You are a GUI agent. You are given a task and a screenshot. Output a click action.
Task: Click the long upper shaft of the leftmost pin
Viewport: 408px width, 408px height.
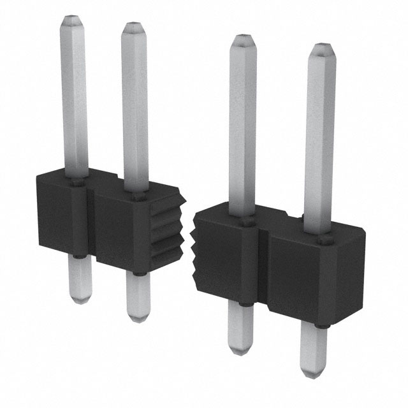tap(75, 96)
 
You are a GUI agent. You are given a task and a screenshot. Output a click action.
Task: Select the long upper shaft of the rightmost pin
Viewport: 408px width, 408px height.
tap(320, 140)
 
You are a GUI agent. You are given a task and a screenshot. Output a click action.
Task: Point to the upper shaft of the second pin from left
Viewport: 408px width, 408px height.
tap(135, 108)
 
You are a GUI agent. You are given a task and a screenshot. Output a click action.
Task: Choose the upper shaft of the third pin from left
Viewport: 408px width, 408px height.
tap(242, 127)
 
